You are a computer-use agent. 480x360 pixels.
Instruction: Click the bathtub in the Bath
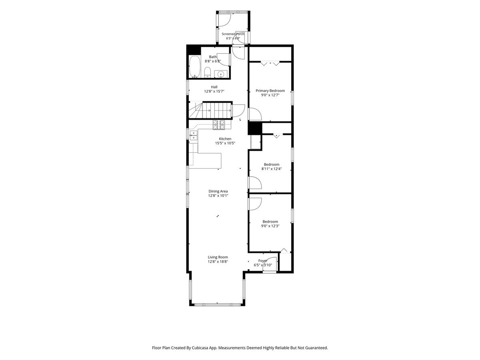(x=194, y=67)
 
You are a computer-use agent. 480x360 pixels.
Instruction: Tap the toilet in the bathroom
(x=207, y=72)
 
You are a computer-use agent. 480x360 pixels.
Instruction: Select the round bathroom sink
(x=220, y=74)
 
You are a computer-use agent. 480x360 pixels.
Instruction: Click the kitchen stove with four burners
(x=219, y=125)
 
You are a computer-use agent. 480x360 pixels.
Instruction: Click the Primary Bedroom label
(x=270, y=91)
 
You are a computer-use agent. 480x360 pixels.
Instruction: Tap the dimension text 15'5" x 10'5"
(x=225, y=143)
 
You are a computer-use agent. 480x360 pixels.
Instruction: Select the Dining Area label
(x=218, y=191)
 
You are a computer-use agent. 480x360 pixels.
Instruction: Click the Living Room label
(x=218, y=257)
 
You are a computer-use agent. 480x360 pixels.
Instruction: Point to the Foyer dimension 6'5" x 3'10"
(x=263, y=265)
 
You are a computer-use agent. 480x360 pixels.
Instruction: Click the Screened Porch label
(x=233, y=34)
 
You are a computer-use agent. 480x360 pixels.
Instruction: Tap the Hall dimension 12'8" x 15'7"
(x=214, y=91)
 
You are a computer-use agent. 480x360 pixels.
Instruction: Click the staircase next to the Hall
(x=210, y=110)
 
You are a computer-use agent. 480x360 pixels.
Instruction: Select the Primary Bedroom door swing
(x=255, y=114)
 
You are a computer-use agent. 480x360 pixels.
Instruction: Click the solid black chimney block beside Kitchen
(x=255, y=128)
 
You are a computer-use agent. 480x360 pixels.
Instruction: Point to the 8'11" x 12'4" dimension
(x=272, y=169)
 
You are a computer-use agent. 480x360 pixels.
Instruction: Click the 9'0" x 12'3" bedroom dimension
(x=270, y=226)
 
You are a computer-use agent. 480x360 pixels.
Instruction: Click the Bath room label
(x=212, y=57)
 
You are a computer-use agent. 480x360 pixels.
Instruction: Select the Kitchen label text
(x=225, y=139)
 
